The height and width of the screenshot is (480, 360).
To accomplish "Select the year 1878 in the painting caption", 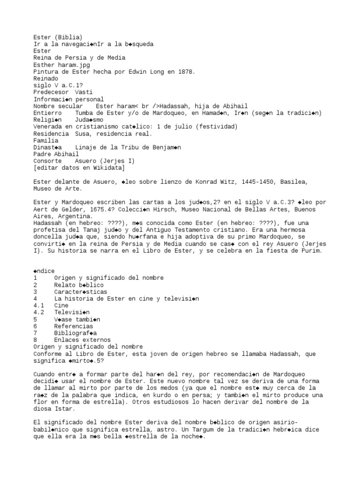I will tap(184, 72).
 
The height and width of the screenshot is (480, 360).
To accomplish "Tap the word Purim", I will tap(312, 251).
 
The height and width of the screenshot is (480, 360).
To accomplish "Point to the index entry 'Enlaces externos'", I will tap(82, 340).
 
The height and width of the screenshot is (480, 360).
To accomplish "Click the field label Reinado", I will tap(45, 78).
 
